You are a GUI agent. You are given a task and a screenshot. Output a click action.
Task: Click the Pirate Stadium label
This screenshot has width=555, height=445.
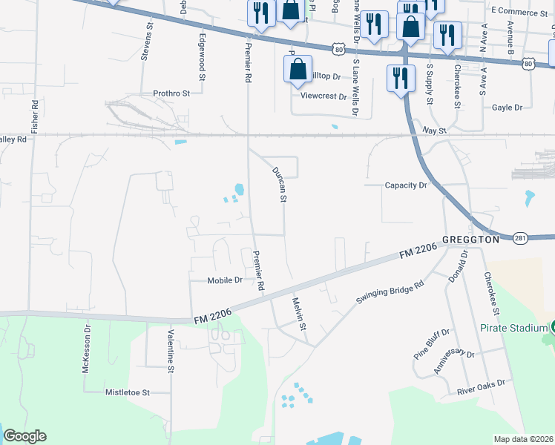pyautogui.click(x=508, y=327)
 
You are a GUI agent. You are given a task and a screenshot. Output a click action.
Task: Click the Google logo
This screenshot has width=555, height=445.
pyautogui.click(x=24, y=436)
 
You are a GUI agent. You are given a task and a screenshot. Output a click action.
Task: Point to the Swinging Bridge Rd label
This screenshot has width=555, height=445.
pyautogui.click(x=390, y=288)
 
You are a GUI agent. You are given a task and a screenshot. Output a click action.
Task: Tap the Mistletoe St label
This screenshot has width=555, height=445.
pyautogui.click(x=128, y=392)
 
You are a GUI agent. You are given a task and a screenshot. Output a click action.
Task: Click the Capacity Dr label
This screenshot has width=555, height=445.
pyautogui.click(x=407, y=185)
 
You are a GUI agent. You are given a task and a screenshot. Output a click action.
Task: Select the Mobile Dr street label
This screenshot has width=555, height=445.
pyautogui.click(x=225, y=280)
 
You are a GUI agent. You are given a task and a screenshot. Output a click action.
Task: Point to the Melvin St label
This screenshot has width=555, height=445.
pyautogui.click(x=299, y=313)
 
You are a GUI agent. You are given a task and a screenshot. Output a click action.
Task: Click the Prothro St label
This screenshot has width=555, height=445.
pyautogui.click(x=172, y=93)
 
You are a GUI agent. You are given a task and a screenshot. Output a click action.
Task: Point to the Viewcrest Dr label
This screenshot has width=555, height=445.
pyautogui.click(x=324, y=96)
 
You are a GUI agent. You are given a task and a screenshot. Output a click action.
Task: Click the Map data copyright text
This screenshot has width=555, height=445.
pyautogui.click(x=524, y=439)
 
